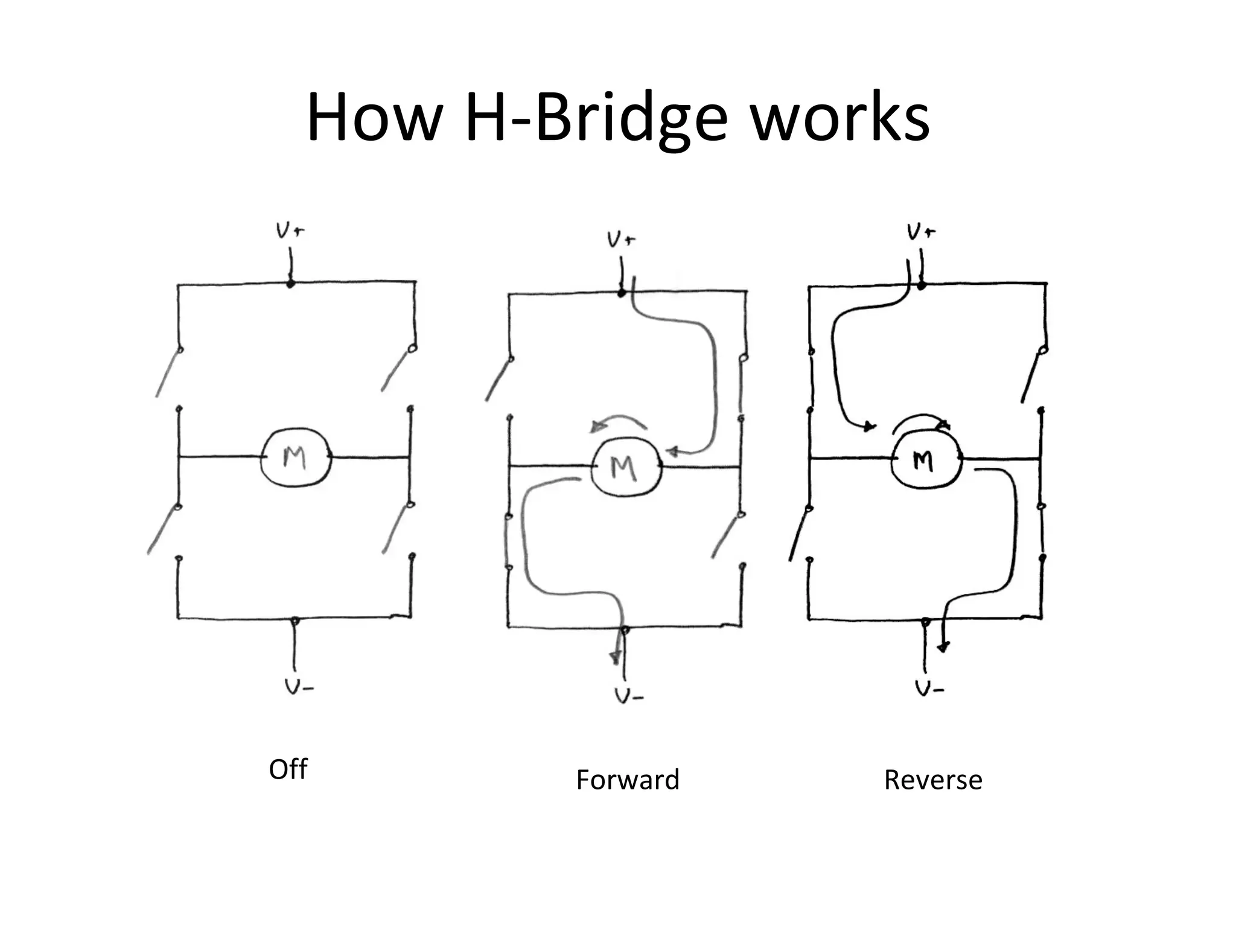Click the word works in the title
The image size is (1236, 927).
pyautogui.click(x=839, y=118)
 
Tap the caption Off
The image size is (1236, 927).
pyautogui.click(x=288, y=769)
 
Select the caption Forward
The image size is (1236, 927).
pyautogui.click(x=628, y=780)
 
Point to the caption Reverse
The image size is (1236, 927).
pyautogui.click(x=933, y=780)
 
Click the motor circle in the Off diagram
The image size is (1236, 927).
pyautogui.click(x=296, y=457)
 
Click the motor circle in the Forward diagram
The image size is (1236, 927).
pyautogui.click(x=626, y=467)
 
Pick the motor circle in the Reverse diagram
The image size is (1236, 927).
pyautogui.click(x=925, y=460)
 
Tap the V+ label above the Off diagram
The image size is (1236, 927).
pyautogui.click(x=290, y=231)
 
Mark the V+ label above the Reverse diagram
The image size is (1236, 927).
pyautogui.click(x=921, y=232)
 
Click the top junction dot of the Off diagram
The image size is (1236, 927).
pyautogui.click(x=290, y=283)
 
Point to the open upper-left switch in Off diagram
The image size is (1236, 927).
pyautogui.click(x=168, y=374)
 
